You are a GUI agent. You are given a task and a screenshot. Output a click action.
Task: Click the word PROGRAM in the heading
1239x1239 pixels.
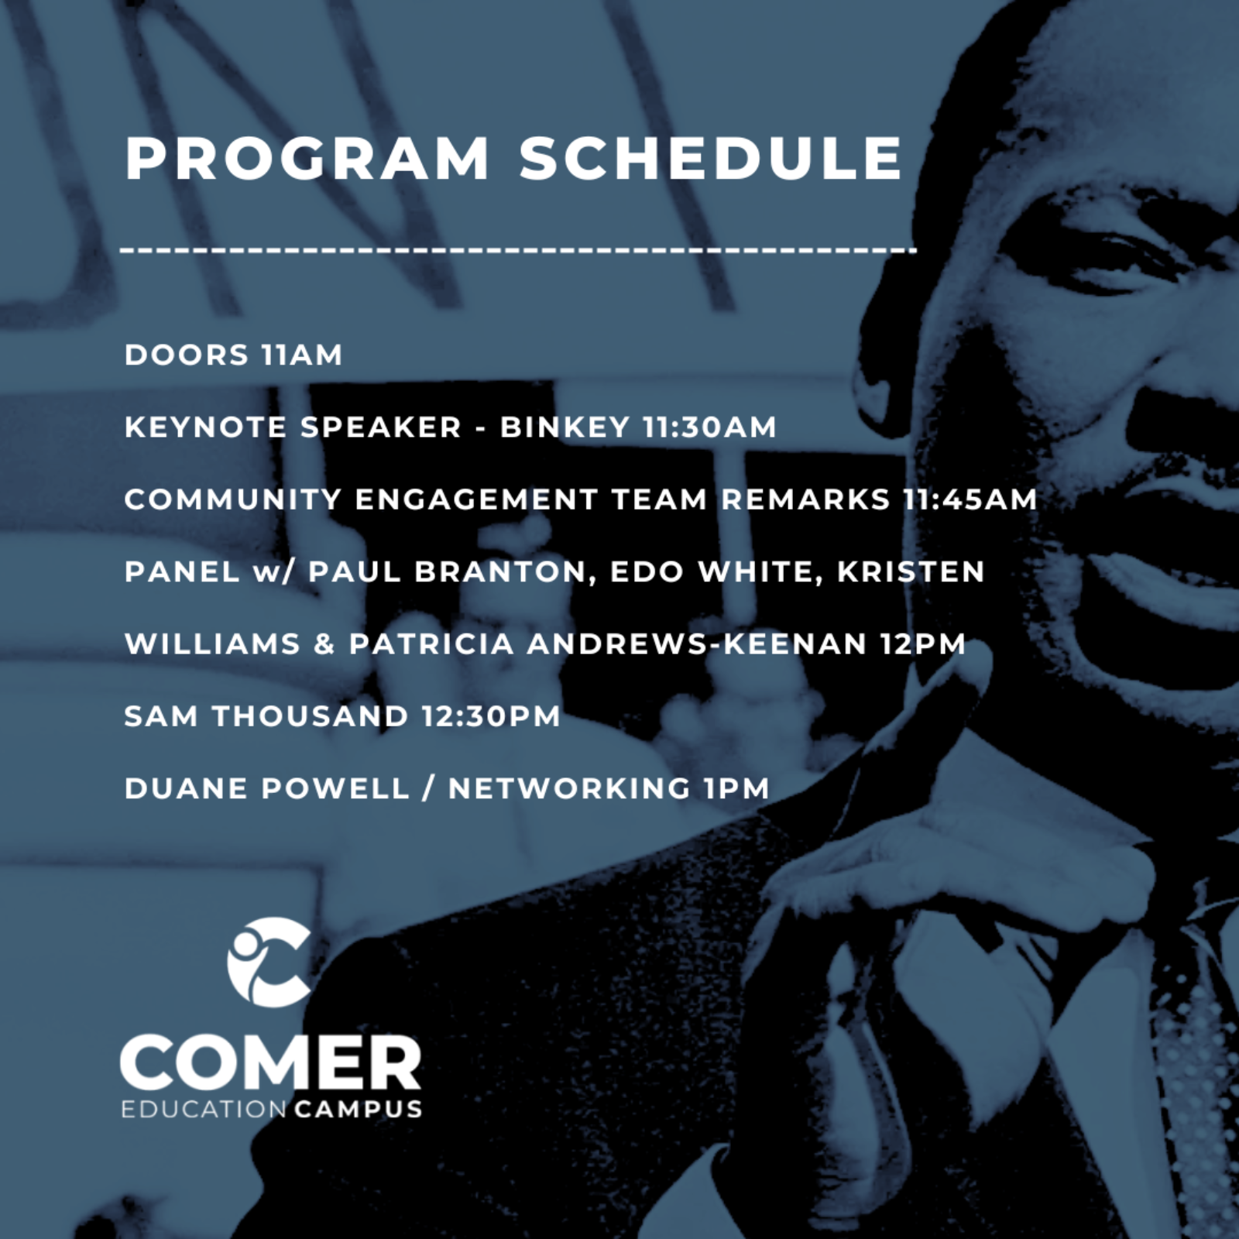(x=307, y=159)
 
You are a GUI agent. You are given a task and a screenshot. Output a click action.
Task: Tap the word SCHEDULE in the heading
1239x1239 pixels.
(x=711, y=159)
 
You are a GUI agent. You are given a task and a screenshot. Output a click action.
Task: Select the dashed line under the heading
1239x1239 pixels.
(x=519, y=250)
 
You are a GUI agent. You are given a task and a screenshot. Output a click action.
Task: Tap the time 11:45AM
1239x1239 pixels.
(x=970, y=499)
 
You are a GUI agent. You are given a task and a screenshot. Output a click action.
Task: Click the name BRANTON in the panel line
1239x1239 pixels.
(x=506, y=571)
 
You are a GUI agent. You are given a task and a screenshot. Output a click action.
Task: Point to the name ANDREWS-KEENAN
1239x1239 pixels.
(x=697, y=644)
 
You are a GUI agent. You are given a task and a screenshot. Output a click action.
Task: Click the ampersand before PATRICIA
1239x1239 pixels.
(x=324, y=644)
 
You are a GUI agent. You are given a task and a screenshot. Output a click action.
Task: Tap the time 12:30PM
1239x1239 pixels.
(x=492, y=716)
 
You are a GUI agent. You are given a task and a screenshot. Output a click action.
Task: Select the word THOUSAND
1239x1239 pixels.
(x=311, y=716)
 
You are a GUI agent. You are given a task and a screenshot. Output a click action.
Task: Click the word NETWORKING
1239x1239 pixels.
(x=569, y=788)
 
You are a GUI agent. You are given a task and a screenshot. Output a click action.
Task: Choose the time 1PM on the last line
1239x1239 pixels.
(x=737, y=788)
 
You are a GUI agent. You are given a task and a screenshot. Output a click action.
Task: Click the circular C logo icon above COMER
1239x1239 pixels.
(x=269, y=963)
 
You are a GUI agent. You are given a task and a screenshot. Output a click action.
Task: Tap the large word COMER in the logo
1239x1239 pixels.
(x=271, y=1064)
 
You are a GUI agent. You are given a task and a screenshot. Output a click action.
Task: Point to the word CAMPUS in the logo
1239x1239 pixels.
(x=359, y=1109)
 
